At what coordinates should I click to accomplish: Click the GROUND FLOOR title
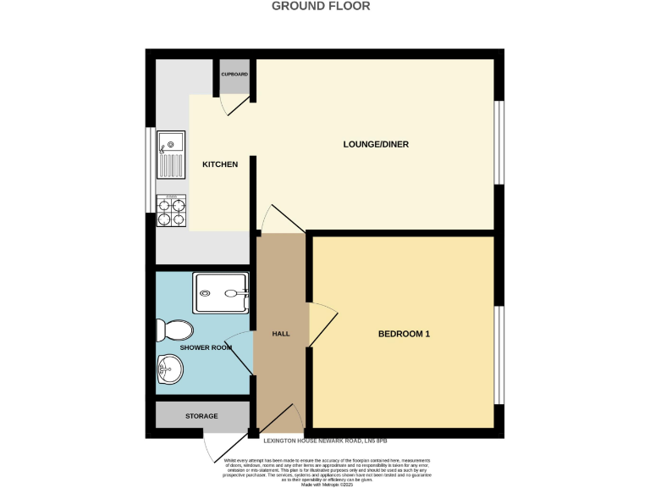[320, 6]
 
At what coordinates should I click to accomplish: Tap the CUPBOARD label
[234, 75]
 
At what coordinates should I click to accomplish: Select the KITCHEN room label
[219, 164]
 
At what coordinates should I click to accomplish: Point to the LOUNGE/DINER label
[376, 144]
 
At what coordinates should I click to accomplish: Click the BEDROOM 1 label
[404, 334]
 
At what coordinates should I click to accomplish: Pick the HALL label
[281, 334]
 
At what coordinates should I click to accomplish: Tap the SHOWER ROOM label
[209, 347]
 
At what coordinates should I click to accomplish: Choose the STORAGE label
[201, 416]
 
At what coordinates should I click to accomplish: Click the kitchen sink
[169, 155]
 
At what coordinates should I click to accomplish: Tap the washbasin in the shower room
[169, 369]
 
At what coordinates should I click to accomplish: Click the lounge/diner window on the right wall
[499, 141]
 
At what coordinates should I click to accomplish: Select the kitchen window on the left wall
[150, 169]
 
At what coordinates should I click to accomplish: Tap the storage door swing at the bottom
[217, 447]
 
